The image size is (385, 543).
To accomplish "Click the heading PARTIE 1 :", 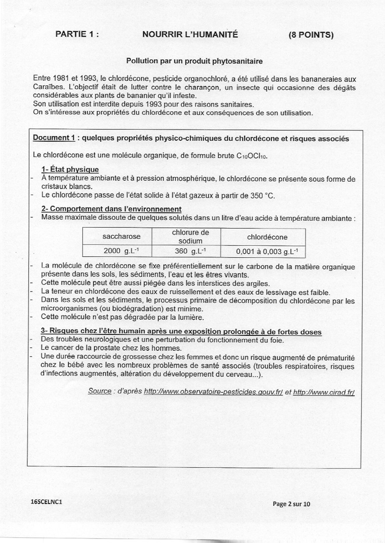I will click(x=77, y=34).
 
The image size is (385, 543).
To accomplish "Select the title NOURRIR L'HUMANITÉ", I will click(x=190, y=34).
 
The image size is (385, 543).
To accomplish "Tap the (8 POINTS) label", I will click(x=311, y=35).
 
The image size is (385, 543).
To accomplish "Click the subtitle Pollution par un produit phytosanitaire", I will click(x=194, y=61).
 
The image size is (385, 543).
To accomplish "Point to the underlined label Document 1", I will click(x=54, y=138).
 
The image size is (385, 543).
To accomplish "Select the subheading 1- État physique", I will click(x=70, y=170).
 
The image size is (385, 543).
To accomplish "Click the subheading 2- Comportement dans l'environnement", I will click(x=111, y=209).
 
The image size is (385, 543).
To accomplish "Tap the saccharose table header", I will click(x=121, y=236).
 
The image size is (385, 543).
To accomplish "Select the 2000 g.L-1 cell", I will click(x=121, y=251).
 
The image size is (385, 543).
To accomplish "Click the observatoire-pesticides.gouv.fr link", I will click(x=213, y=392).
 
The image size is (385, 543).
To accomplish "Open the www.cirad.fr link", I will click(x=324, y=392).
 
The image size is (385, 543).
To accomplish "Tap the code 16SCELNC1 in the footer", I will click(x=47, y=502).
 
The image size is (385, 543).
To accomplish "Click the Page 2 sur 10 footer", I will click(x=291, y=504).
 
